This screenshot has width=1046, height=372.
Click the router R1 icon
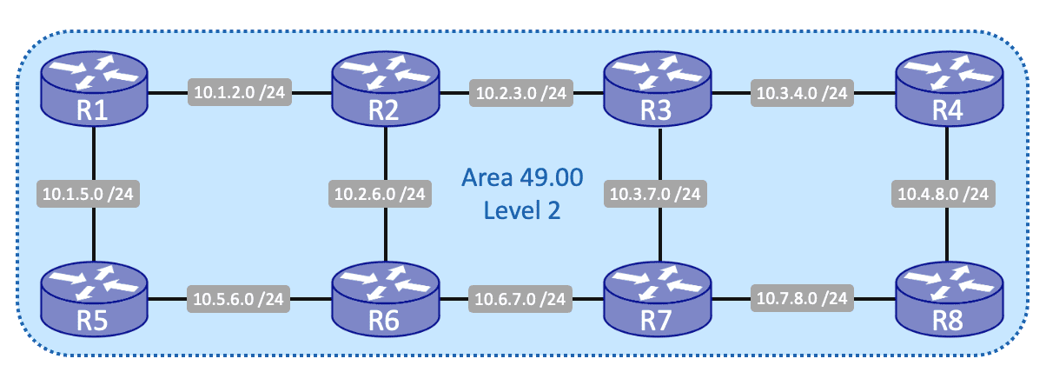pos(96,90)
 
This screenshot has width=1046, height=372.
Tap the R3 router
pos(658,90)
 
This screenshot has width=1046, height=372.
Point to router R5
pos(96,300)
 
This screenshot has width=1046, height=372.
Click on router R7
pos(658,300)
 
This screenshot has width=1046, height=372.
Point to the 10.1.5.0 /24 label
pos(89,193)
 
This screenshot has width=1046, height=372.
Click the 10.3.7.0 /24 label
pos(657,193)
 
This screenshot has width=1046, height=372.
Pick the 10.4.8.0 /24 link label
pos(943,193)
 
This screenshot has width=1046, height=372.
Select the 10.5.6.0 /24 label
pos(240,301)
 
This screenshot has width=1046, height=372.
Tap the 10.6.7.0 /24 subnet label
pos(521,301)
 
